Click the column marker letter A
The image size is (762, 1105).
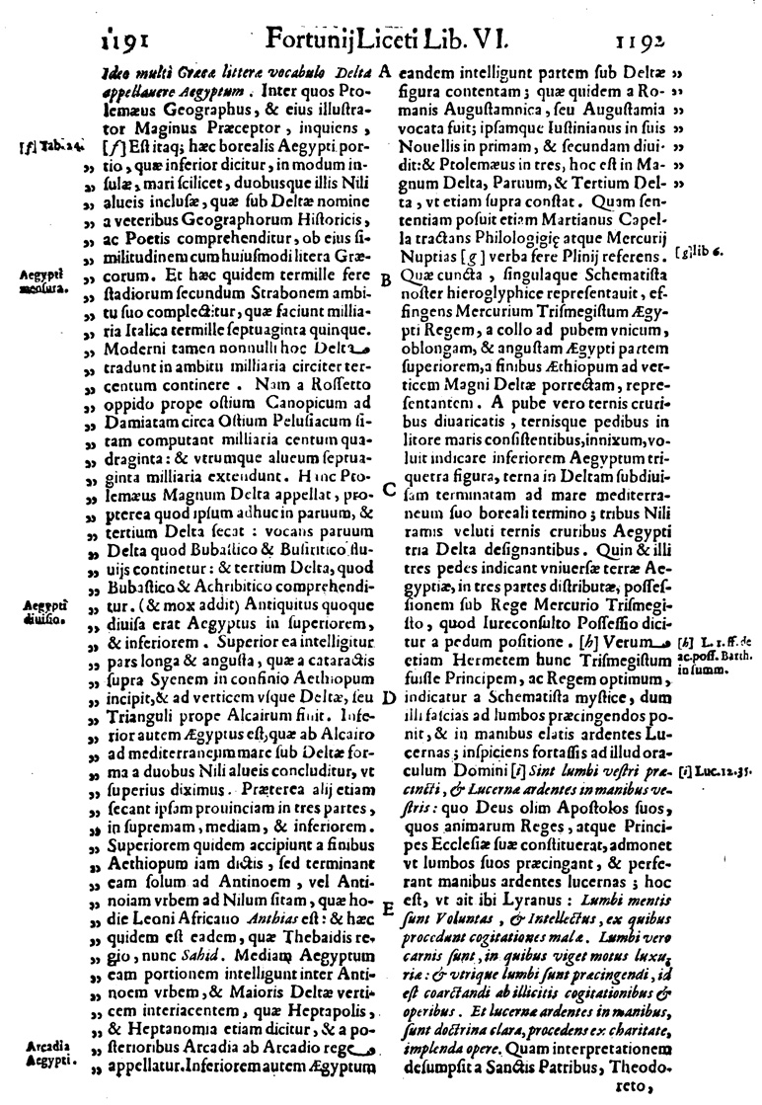pyautogui.click(x=386, y=73)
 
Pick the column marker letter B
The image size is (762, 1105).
pyautogui.click(x=386, y=279)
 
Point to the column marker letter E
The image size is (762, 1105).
pyautogui.click(x=388, y=905)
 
